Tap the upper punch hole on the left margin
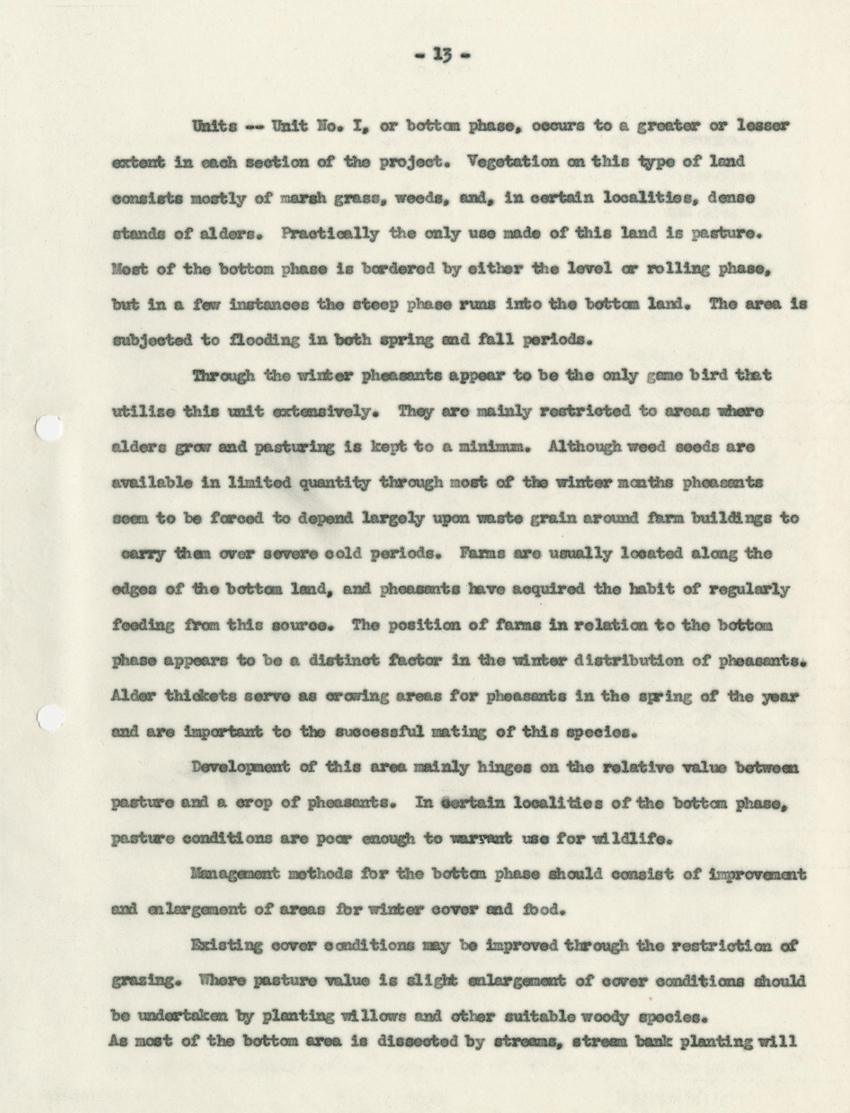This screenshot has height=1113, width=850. point(49,430)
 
